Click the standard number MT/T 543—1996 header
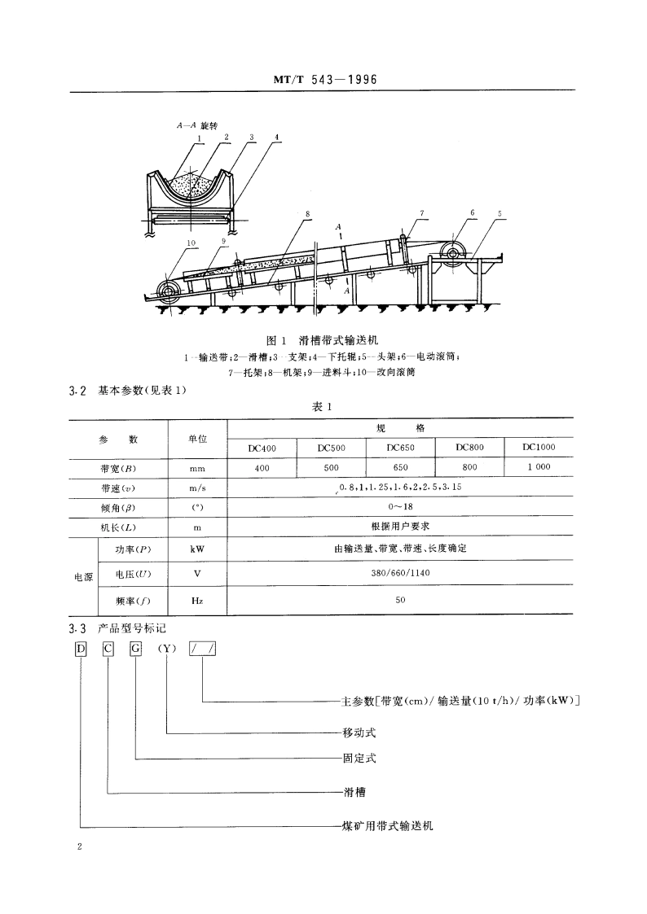[x=323, y=80]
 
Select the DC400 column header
[x=261, y=447]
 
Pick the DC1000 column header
[x=539, y=446]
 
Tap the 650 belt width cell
[x=400, y=468]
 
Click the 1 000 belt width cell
[x=539, y=467]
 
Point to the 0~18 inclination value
[x=400, y=505]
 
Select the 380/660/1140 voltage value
[x=400, y=574]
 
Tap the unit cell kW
[x=196, y=549]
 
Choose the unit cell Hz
[x=196, y=601]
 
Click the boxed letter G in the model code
[x=136, y=649]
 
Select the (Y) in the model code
[x=166, y=649]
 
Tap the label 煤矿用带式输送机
[x=388, y=825]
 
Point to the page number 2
[x=79, y=847]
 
